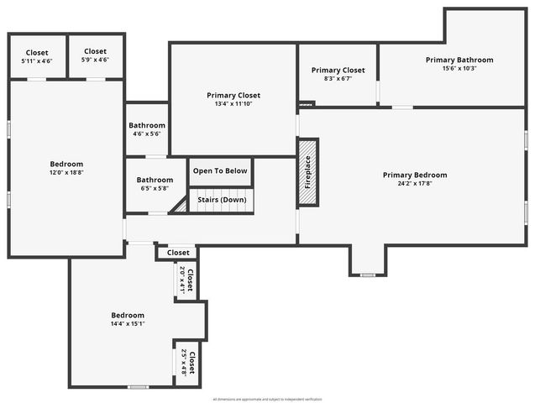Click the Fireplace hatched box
coord(307,172)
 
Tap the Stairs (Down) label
coord(222,200)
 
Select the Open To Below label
coord(220,171)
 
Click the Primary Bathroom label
coord(459,60)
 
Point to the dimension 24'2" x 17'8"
coord(415,185)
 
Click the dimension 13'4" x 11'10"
coord(233,104)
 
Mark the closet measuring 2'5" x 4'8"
coord(187,364)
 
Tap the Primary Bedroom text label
coord(415,175)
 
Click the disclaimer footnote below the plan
coord(267,399)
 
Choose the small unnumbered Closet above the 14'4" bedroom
coord(178,253)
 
